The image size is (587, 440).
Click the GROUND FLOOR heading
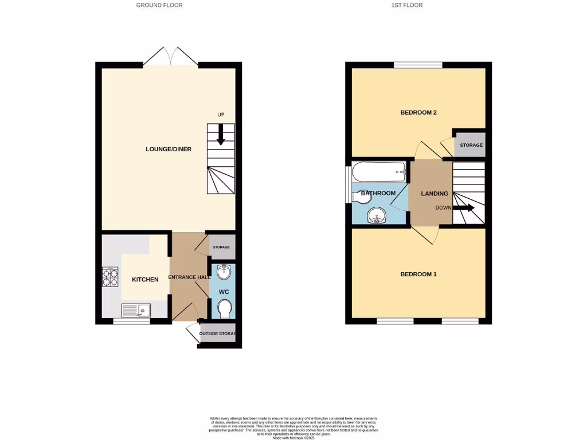(159, 5)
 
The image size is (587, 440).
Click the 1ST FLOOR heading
(408, 5)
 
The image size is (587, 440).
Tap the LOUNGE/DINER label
(169, 150)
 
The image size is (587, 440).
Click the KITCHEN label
(145, 280)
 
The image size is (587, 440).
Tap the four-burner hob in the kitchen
(110, 277)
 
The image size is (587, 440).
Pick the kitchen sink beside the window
(136, 311)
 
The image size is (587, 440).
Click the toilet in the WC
(224, 310)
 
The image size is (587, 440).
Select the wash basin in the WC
(224, 272)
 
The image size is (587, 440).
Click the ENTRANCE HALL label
(188, 277)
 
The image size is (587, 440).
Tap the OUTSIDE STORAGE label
(218, 333)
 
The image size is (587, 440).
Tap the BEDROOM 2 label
(418, 112)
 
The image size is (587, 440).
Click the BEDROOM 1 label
(418, 274)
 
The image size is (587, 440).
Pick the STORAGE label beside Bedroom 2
(471, 145)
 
